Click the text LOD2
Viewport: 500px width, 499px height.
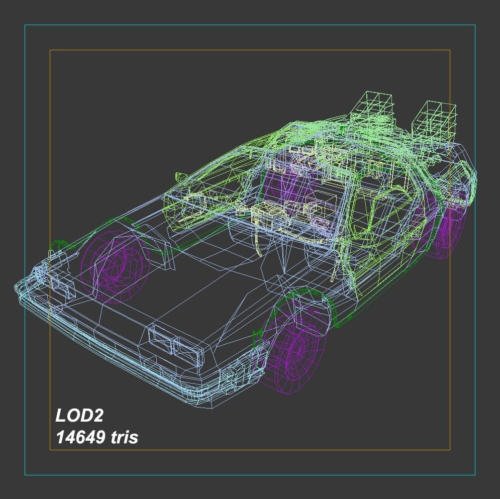tap(79, 416)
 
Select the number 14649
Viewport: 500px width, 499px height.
tap(80, 437)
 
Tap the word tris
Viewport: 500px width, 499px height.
tap(124, 437)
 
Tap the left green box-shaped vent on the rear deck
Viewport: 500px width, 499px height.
tap(374, 108)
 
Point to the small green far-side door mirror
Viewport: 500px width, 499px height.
tap(179, 177)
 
